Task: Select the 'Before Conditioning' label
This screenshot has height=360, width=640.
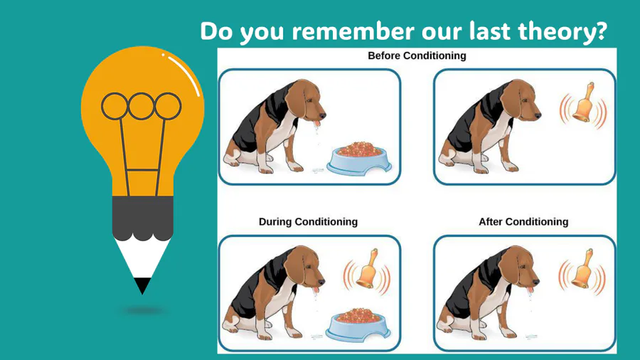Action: pos(417,55)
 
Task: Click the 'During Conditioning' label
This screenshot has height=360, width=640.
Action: pos(308,222)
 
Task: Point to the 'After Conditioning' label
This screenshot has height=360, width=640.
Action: pos(523,222)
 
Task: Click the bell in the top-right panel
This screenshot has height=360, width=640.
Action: pos(583,104)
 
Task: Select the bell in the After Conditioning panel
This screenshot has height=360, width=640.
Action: pos(582,270)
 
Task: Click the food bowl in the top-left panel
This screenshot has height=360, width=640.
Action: pos(359,159)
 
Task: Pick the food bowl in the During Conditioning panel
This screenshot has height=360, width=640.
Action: pos(358,325)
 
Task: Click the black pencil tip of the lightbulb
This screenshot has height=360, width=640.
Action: pos(142,285)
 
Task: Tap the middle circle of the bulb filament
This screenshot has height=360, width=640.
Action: pos(142,106)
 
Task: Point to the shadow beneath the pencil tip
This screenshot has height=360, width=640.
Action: pos(144,311)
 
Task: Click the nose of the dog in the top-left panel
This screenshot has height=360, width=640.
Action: pos(323,117)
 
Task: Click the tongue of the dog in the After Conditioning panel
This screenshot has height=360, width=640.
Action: pos(529,290)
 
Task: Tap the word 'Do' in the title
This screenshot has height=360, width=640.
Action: pos(216,31)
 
